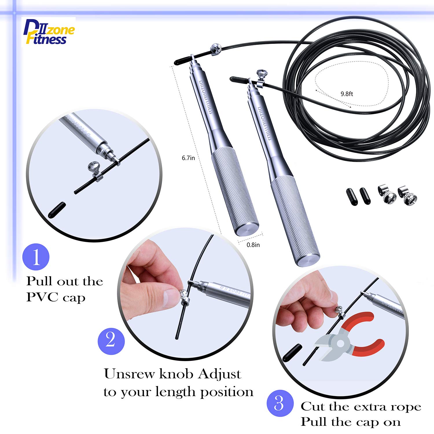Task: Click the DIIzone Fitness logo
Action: [x=48, y=32]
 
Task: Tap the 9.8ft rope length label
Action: [x=347, y=94]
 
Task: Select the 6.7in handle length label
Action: [x=188, y=158]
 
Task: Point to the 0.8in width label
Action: [x=253, y=245]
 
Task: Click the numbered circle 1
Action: [x=36, y=257]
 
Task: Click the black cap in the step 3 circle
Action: [x=292, y=353]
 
